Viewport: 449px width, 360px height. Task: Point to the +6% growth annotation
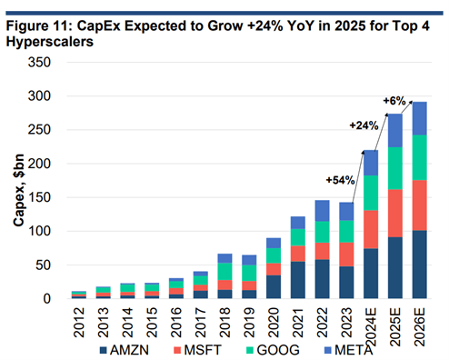pos(395,100)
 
